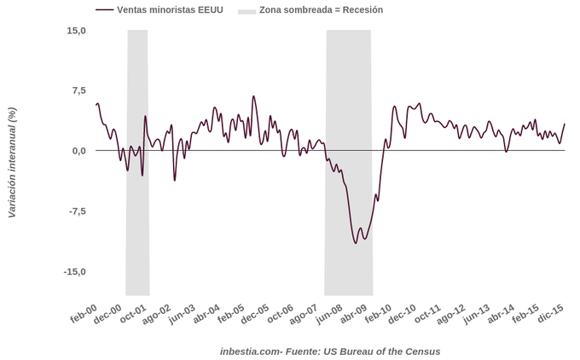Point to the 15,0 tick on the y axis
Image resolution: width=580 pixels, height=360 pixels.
[76, 31]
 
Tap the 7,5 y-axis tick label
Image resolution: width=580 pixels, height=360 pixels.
[78, 90]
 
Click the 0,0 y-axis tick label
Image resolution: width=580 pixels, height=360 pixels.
[78, 151]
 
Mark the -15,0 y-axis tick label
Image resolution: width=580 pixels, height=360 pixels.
[73, 271]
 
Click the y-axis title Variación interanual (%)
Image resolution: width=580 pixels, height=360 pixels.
[12, 162]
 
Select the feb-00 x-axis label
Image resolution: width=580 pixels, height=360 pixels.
[84, 315]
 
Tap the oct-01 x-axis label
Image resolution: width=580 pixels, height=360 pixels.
[133, 315]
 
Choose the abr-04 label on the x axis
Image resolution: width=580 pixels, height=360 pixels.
[206, 315]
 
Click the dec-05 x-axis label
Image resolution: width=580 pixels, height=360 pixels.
[256, 315]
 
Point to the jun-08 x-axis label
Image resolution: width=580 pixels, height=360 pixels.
[329, 315]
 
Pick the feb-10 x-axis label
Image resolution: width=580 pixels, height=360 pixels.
[378, 315]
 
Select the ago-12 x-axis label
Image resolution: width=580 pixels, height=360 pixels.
[452, 315]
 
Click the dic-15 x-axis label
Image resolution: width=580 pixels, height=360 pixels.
[550, 315]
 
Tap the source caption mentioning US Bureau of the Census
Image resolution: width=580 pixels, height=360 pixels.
[330, 351]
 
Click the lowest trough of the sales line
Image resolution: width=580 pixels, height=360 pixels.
[357, 243]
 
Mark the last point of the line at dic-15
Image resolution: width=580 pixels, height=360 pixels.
[565, 125]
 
